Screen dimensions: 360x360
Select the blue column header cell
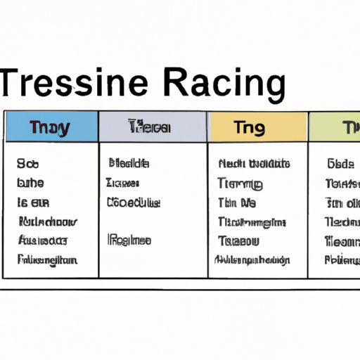point(51,127)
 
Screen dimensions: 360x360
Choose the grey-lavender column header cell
point(153,127)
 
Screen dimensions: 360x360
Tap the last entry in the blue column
point(46,259)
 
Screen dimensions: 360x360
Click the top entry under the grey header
point(128,164)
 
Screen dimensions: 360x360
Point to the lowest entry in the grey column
point(129,240)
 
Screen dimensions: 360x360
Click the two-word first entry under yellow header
point(255,164)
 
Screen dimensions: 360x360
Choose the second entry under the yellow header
point(240,184)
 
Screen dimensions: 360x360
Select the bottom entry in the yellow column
point(250,259)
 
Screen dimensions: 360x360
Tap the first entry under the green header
point(340,164)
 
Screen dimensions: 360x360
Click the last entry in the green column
point(342,259)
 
